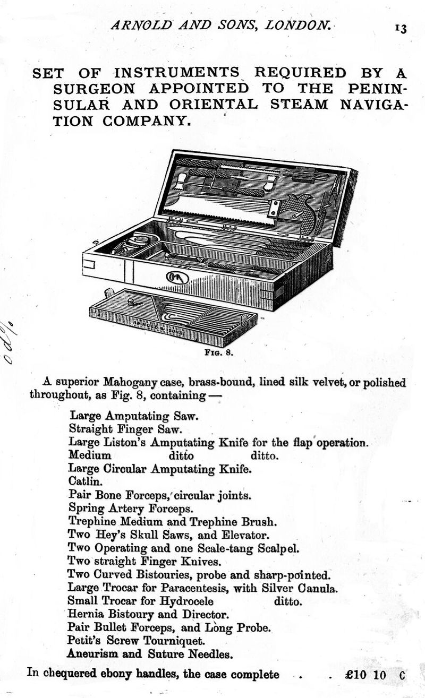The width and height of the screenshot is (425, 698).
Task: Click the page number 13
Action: point(400,28)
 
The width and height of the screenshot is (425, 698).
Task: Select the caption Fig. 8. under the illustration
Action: point(216,351)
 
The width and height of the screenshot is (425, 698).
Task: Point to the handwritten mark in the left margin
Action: point(9,342)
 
